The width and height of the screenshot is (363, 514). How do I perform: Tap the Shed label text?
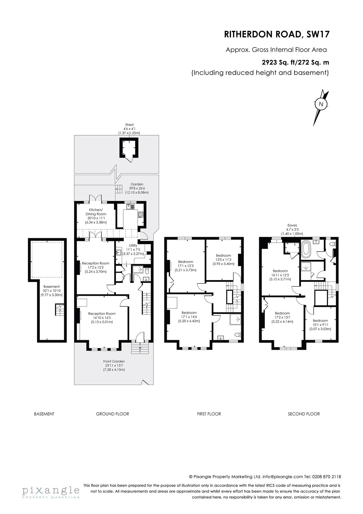[x=129, y=125]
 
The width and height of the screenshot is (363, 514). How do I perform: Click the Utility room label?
[x=133, y=245]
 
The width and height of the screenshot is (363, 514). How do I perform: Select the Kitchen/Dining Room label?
[x=96, y=214]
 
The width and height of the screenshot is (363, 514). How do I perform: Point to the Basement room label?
[x=52, y=287]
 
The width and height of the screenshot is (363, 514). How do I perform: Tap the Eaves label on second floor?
[x=292, y=225]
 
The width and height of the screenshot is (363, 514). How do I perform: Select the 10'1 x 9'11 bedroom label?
[x=320, y=321]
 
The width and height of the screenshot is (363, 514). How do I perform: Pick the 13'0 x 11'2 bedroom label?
[x=223, y=256]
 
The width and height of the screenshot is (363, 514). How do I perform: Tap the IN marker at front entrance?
[x=140, y=348]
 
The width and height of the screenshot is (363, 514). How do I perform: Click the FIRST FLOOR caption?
[x=209, y=414]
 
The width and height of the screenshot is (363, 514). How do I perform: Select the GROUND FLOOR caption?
[x=112, y=414]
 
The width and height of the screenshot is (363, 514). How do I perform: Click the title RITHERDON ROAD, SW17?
[x=277, y=34]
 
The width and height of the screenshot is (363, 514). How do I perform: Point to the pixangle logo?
[x=51, y=491]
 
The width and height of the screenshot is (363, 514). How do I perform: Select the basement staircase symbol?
[x=59, y=310]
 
